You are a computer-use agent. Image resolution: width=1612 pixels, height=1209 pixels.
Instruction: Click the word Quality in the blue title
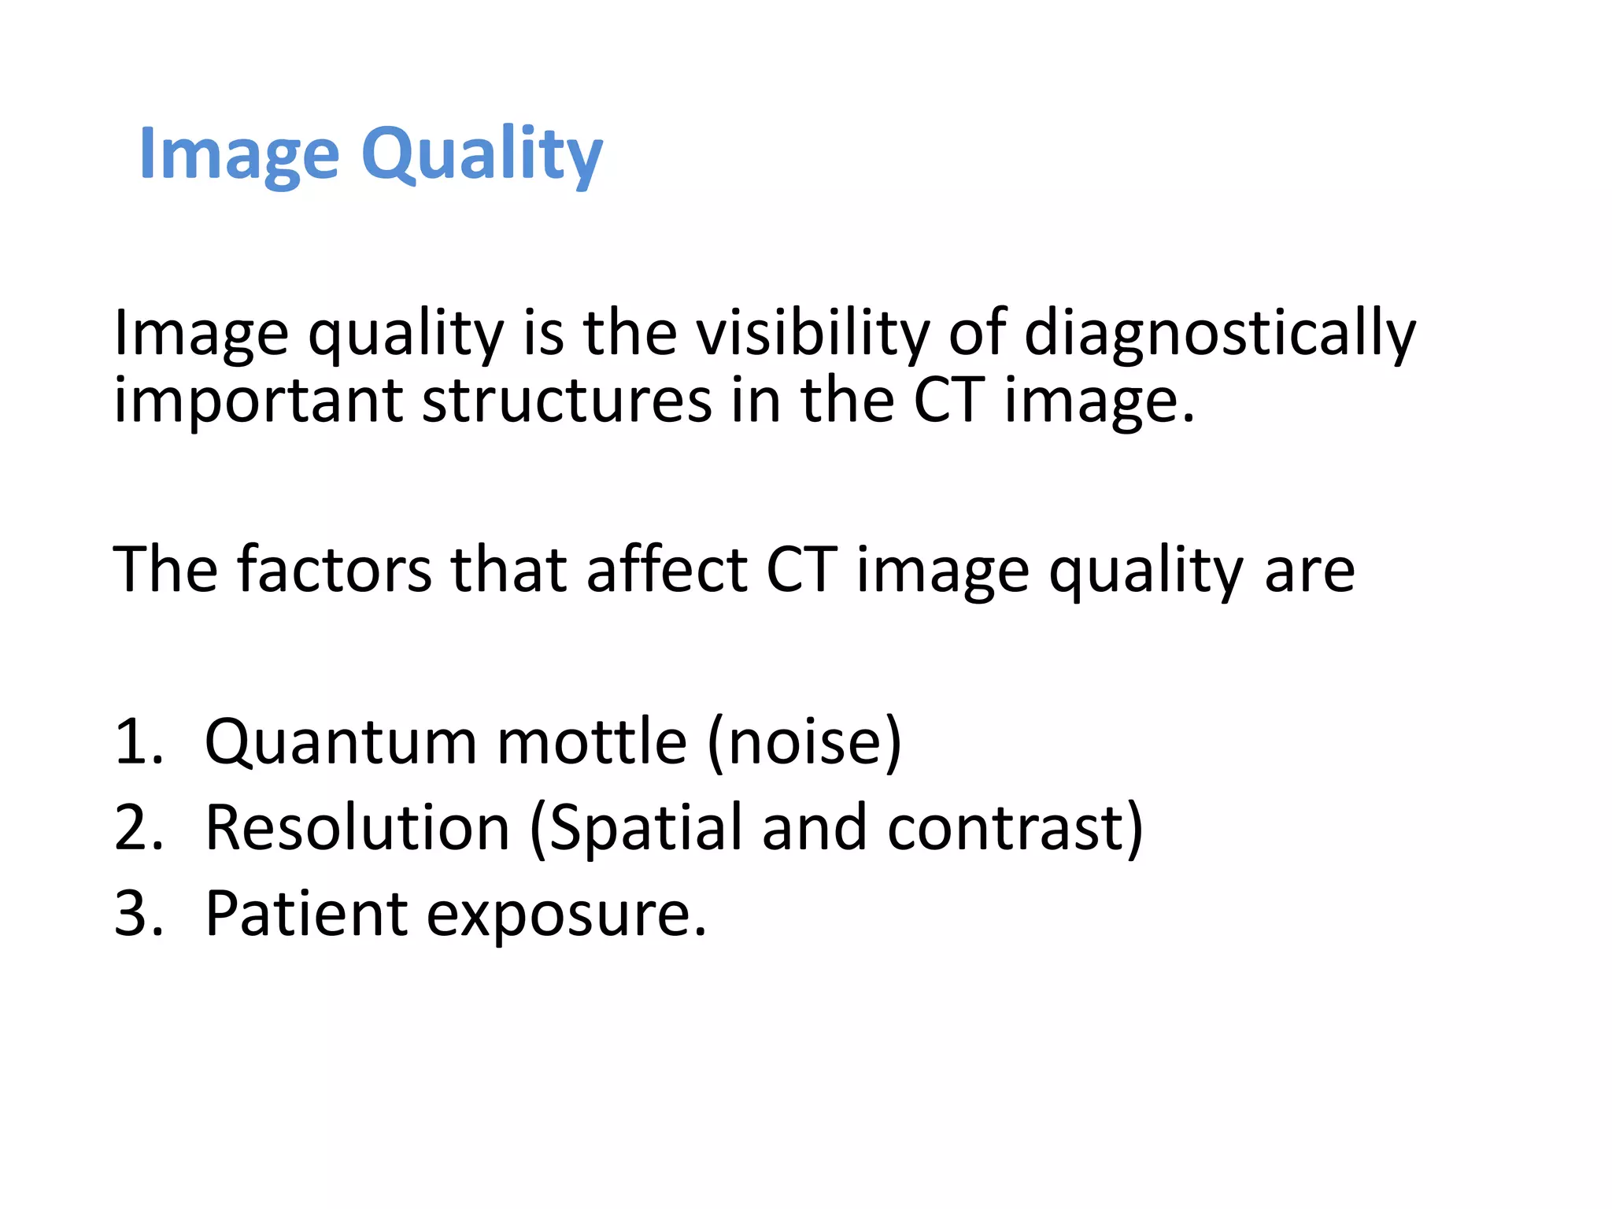[482, 155]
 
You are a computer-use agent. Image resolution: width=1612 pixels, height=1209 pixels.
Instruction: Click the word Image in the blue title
[239, 155]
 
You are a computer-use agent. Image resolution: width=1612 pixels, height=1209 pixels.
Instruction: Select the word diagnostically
[1219, 333]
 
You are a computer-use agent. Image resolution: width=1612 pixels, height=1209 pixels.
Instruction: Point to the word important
[259, 401]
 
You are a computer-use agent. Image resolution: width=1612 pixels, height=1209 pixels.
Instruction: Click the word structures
[567, 401]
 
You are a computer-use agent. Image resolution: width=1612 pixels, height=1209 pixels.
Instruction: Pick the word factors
[334, 569]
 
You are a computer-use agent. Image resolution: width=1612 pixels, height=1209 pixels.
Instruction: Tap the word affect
[666, 569]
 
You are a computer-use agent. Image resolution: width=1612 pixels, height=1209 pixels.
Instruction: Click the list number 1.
[135, 741]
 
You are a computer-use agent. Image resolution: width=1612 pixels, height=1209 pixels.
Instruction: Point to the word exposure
[565, 915]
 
